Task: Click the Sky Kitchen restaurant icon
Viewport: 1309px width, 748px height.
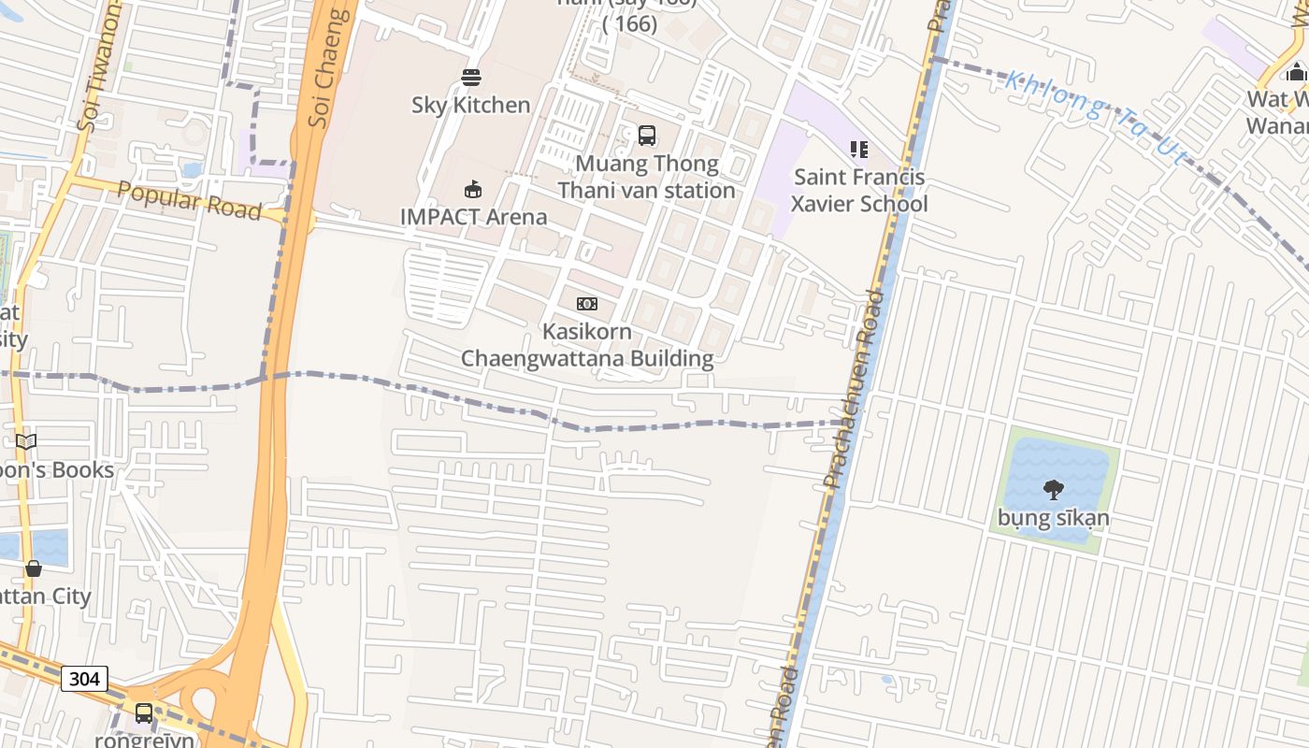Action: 471,78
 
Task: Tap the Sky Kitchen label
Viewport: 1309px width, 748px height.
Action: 471,105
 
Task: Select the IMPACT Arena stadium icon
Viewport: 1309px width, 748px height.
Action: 473,190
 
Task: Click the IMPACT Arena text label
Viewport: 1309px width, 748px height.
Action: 474,217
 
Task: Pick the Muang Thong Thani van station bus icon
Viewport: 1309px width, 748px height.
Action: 646,136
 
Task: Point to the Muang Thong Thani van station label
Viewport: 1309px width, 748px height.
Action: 647,177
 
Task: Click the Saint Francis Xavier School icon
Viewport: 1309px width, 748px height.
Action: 859,150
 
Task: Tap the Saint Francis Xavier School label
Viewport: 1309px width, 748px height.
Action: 859,191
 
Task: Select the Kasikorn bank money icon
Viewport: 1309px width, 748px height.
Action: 587,304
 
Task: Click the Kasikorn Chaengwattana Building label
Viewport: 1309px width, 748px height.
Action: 587,345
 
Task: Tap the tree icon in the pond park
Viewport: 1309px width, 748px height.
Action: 1053,489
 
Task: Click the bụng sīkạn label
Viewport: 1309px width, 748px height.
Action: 1054,518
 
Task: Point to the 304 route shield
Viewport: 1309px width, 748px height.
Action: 84,679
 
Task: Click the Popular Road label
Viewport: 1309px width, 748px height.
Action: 190,200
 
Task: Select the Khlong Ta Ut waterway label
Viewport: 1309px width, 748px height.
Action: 1094,118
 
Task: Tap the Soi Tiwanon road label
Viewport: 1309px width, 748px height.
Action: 99,65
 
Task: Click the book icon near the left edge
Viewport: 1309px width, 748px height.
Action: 26,442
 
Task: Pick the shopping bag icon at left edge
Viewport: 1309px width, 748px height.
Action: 34,568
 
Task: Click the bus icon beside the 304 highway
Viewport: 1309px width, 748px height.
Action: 144,713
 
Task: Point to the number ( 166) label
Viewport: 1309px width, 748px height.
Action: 630,24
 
